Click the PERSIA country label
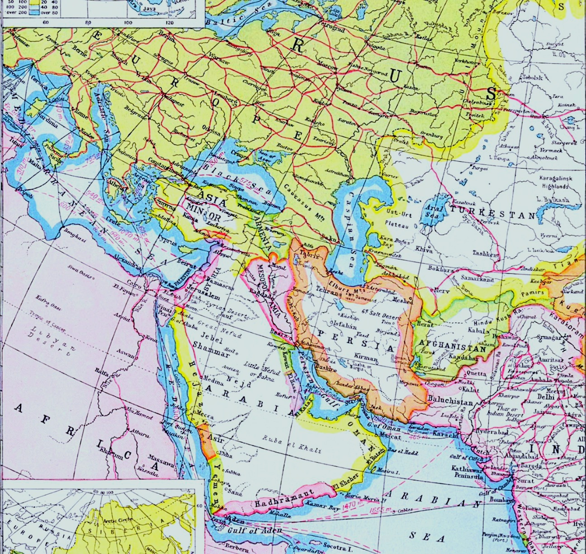357,341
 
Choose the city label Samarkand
477,279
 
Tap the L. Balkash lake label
553,199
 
